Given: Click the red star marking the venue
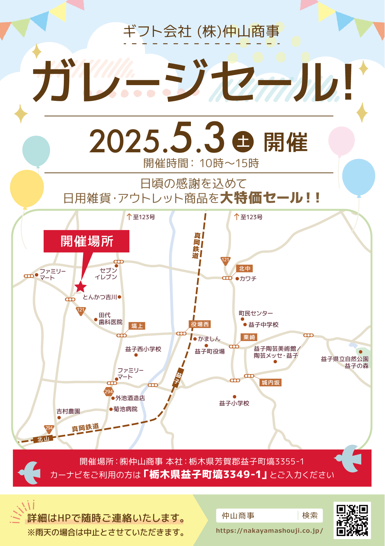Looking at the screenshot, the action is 80,286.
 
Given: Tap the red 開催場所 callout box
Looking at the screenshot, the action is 87,241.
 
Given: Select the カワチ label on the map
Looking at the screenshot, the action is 248,278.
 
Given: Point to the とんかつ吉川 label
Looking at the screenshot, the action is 100,297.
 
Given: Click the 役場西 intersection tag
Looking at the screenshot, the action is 200,324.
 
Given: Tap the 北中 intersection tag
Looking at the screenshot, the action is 244,269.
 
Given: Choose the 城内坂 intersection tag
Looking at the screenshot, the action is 270,383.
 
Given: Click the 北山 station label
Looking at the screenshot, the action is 43,439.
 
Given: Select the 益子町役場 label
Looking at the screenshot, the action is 210,352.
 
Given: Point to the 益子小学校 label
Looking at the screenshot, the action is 234,403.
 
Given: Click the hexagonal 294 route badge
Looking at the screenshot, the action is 109,392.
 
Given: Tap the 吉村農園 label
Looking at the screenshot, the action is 68,411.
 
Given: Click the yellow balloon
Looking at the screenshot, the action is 27,189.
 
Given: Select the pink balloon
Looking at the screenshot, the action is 341,141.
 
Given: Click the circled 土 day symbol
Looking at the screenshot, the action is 243,142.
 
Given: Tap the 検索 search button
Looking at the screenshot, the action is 310,515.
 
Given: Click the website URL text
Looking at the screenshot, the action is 269,531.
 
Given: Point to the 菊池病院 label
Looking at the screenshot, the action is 125,409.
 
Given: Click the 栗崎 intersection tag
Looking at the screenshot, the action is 249,337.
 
